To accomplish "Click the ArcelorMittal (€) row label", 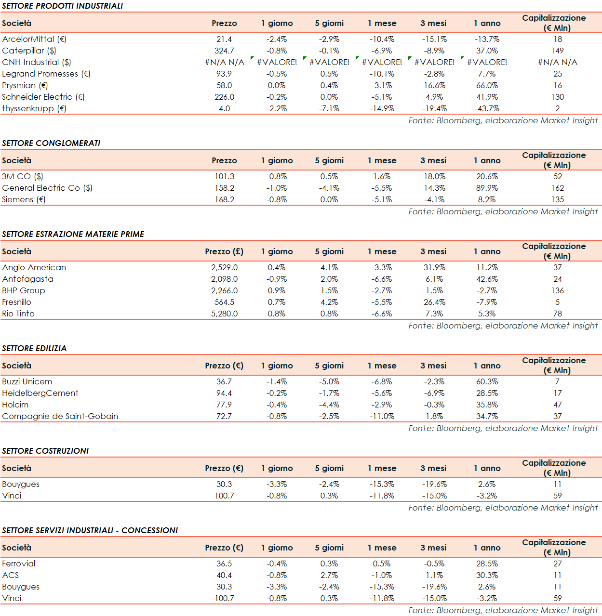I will pyautogui.click(x=34, y=39).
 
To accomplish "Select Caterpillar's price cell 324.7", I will pyautogui.click(x=224, y=51).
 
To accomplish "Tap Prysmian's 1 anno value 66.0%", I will pyautogui.click(x=487, y=85).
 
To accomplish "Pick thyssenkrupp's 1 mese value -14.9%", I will pyautogui.click(x=382, y=108).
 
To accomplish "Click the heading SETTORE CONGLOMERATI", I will pyautogui.click(x=51, y=143).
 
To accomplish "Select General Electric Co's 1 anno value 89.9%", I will pyautogui.click(x=487, y=188).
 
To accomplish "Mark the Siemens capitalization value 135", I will pyautogui.click(x=557, y=199).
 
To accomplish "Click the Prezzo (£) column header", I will pyautogui.click(x=224, y=251).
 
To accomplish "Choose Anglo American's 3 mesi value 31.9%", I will pyautogui.click(x=434, y=267).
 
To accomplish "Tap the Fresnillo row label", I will pyautogui.click(x=17, y=302).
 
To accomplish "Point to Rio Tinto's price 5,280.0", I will pyautogui.click(x=224, y=314).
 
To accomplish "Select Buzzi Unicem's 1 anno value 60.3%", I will pyautogui.click(x=487, y=381).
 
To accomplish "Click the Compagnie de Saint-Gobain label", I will pyautogui.click(x=60, y=416).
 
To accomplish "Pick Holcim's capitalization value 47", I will pyautogui.click(x=557, y=405).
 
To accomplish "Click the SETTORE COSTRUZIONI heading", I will pyautogui.click(x=45, y=451).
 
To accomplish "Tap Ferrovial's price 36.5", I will pyautogui.click(x=224, y=564).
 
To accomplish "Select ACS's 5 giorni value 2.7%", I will pyautogui.click(x=329, y=575).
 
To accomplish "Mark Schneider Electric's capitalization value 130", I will pyautogui.click(x=557, y=97).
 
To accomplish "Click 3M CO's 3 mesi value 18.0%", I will pyautogui.click(x=434, y=176).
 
